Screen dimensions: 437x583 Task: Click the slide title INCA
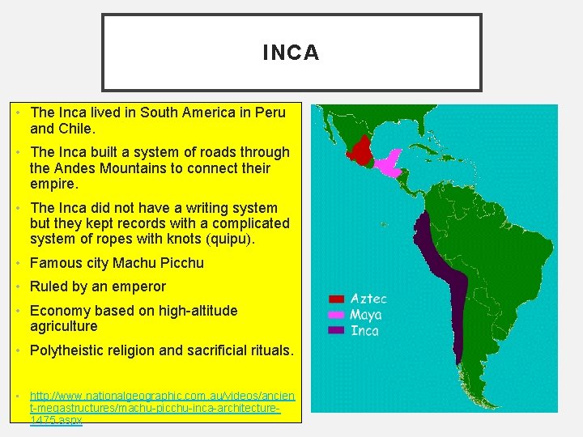(291, 53)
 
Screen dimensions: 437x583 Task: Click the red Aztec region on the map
(360, 149)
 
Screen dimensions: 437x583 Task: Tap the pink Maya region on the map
(389, 163)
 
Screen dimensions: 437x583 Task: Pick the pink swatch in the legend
(337, 315)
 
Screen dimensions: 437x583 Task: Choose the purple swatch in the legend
(337, 330)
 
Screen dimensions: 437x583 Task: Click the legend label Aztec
(368, 299)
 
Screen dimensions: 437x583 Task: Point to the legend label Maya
(367, 315)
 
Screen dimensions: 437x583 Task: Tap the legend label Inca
(364, 330)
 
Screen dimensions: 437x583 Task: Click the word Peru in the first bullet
(270, 112)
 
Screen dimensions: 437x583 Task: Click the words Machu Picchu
(158, 263)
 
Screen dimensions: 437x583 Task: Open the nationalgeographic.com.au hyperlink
(162, 409)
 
